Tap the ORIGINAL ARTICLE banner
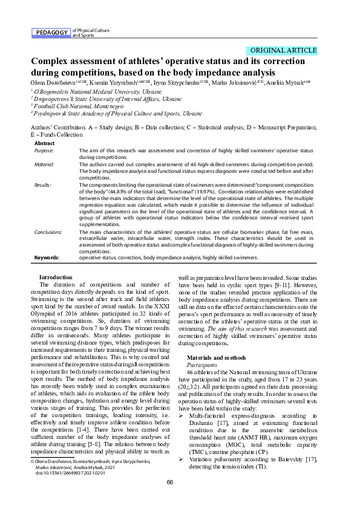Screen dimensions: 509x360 click(x=283, y=50)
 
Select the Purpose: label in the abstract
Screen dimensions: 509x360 click(x=44, y=150)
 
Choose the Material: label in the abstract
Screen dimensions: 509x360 click(x=44, y=164)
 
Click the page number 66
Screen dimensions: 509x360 click(x=170, y=499)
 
